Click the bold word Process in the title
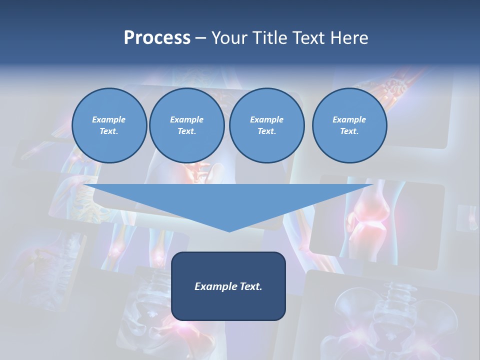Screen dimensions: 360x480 coord(157,38)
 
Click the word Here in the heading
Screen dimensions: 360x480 coord(348,38)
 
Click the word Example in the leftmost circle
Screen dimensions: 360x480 coord(109,119)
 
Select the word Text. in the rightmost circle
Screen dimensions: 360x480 coord(349,131)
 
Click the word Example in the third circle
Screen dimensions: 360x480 coord(266,119)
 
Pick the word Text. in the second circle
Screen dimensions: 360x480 coord(186,131)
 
